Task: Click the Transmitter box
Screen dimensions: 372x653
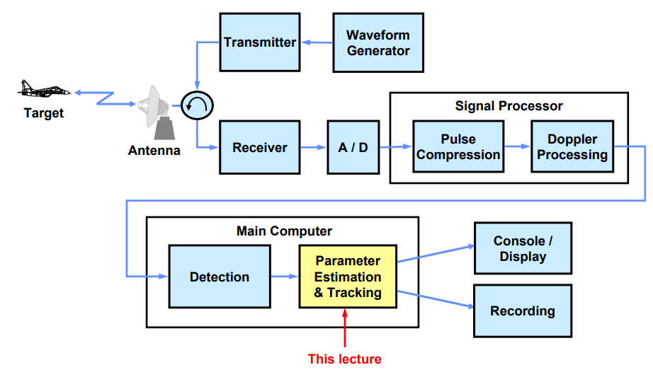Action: coord(260,42)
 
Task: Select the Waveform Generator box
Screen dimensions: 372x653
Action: coord(377,42)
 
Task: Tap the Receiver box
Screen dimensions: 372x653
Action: coord(260,148)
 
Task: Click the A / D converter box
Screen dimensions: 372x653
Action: coord(353,148)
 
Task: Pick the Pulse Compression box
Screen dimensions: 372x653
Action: coord(458,147)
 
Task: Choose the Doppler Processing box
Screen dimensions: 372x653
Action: coord(572,147)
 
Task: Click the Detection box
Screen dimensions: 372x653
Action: coord(220,277)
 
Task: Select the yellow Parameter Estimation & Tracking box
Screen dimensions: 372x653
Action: coord(348,277)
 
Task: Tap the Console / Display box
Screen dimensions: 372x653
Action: coord(523,248)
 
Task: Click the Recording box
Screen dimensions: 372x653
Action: coord(523,310)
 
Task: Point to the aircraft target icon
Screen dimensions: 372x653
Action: coord(44,90)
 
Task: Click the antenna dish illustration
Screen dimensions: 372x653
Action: coord(157,113)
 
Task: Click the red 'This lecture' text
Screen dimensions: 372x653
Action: coord(344,359)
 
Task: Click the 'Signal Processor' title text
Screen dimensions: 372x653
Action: coord(509,106)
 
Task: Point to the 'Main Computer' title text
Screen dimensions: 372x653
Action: coord(284,231)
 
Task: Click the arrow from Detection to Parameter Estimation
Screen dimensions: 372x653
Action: coord(285,277)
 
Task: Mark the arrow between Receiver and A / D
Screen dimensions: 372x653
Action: coord(314,148)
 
